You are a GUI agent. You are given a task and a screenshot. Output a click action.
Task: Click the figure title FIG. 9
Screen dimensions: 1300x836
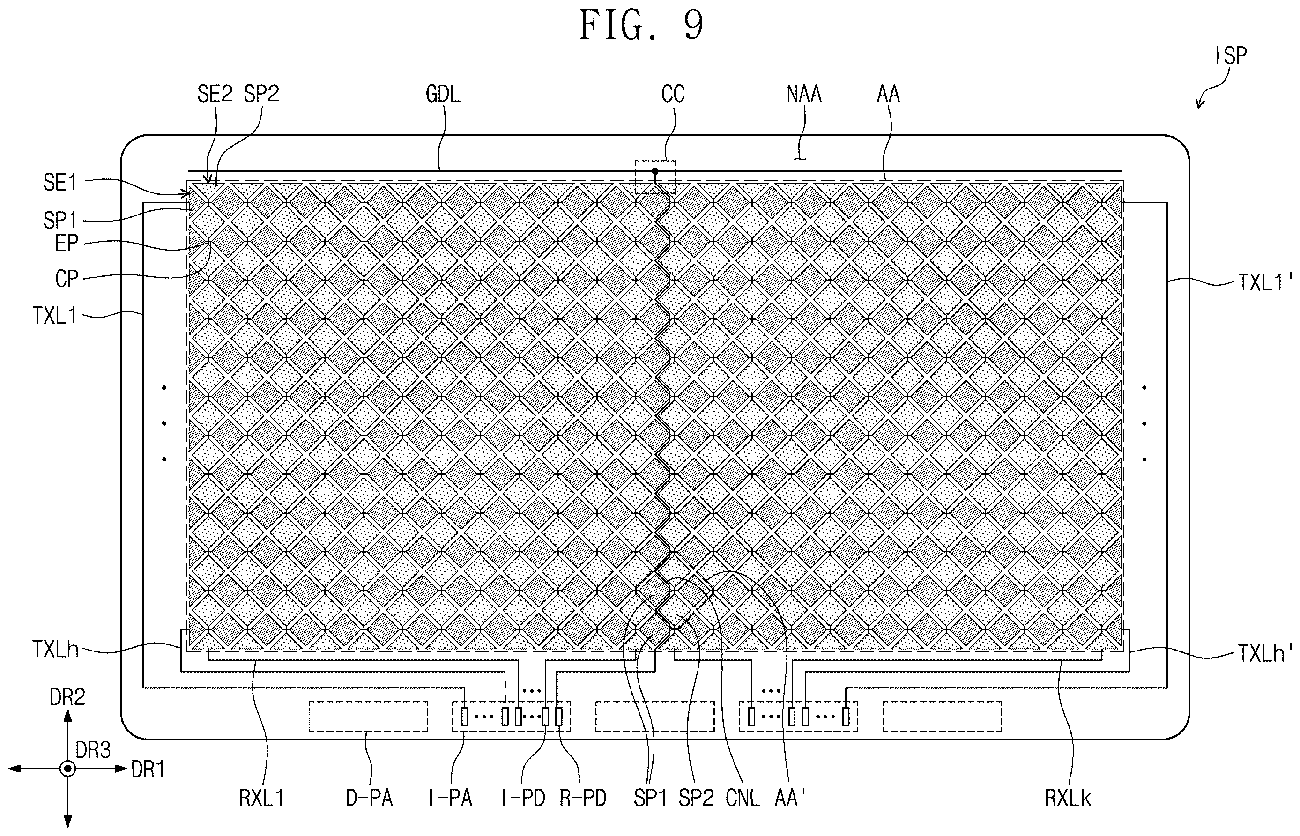(641, 25)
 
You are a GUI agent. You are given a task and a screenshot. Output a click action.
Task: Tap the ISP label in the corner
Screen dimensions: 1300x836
(1231, 56)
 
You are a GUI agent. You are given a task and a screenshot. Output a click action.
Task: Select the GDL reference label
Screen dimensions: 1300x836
(443, 94)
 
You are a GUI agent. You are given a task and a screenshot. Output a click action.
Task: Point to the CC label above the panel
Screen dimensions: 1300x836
(673, 94)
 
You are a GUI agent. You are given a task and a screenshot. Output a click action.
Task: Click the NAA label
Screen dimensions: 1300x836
(804, 94)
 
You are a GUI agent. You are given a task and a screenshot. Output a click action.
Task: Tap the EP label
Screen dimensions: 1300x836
(67, 243)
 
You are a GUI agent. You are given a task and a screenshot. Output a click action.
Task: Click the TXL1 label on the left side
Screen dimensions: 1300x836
(54, 315)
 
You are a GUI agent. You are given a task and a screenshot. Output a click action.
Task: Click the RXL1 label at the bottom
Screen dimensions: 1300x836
(262, 798)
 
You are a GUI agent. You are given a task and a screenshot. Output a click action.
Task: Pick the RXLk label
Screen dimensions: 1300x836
(1068, 798)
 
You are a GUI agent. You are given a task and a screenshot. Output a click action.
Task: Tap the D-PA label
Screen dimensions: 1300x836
(369, 798)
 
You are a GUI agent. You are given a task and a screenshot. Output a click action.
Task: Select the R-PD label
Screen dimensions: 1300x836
(583, 798)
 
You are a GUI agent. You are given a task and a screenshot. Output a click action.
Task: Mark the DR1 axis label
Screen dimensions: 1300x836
(148, 769)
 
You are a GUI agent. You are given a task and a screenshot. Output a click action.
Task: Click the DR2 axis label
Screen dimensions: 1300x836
(67, 697)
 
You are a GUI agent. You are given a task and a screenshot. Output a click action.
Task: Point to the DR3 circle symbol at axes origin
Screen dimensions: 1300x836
(67, 769)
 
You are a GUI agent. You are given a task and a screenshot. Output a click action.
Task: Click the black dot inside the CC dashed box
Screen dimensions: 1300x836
(655, 171)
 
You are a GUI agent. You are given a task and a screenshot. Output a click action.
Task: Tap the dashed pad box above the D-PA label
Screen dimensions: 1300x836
(368, 717)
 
